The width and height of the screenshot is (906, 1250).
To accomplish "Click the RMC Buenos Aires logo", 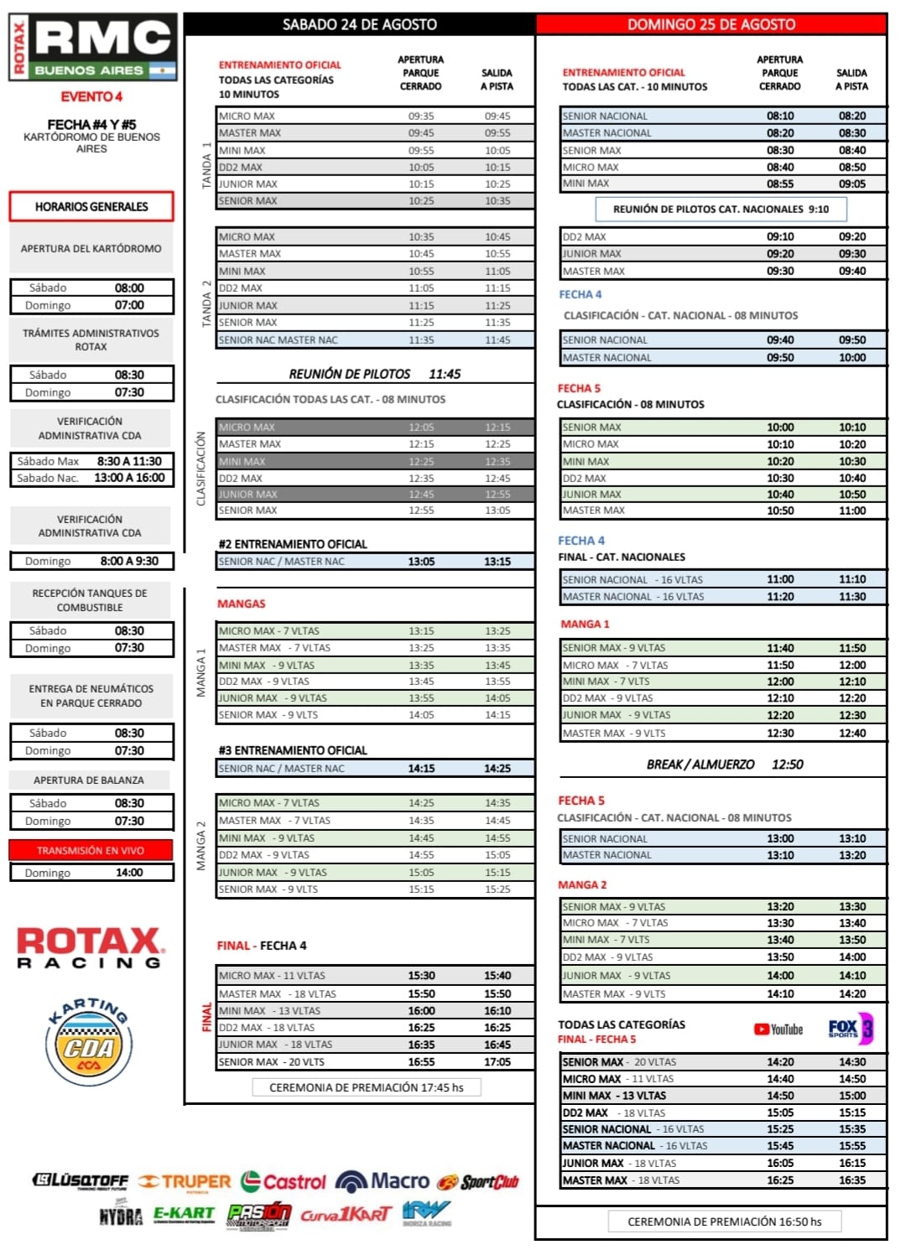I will (93, 47).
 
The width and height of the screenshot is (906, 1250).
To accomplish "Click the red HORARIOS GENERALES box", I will (91, 206).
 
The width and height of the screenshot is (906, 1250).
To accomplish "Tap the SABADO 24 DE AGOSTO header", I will (359, 24).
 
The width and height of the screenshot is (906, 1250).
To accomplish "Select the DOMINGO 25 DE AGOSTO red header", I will (711, 24).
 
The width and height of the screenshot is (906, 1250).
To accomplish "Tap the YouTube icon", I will (778, 1030).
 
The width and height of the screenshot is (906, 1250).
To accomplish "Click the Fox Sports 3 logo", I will (850, 1029).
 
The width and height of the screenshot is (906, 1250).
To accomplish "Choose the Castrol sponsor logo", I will (283, 1182).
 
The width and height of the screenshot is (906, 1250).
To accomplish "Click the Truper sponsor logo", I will (185, 1182).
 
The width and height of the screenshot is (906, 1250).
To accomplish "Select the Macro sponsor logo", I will (383, 1181).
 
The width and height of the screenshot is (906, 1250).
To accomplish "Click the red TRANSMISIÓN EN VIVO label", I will (91, 850).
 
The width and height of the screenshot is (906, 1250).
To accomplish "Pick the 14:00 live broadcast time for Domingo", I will (129, 873).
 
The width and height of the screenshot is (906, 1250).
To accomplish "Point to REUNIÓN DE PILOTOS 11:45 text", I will (374, 374).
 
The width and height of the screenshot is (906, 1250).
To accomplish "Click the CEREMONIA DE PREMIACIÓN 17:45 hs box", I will (367, 1087).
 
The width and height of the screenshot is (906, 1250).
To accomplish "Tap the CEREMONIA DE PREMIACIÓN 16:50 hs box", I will (724, 1221).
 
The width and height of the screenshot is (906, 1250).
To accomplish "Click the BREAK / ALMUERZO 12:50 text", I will (724, 765).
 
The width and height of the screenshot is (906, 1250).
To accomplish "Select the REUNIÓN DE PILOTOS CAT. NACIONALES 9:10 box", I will (721, 209).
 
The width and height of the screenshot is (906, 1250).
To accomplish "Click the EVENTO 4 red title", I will (91, 96).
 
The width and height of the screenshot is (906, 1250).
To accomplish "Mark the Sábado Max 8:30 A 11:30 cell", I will (91, 461).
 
